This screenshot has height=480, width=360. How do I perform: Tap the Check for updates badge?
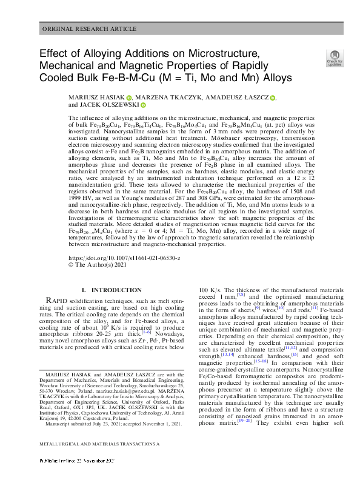[334, 58]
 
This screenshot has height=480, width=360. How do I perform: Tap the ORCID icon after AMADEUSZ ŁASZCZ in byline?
[273, 98]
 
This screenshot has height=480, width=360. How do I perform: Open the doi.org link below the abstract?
[124, 240]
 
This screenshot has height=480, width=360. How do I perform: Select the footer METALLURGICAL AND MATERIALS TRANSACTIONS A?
[100, 461]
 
